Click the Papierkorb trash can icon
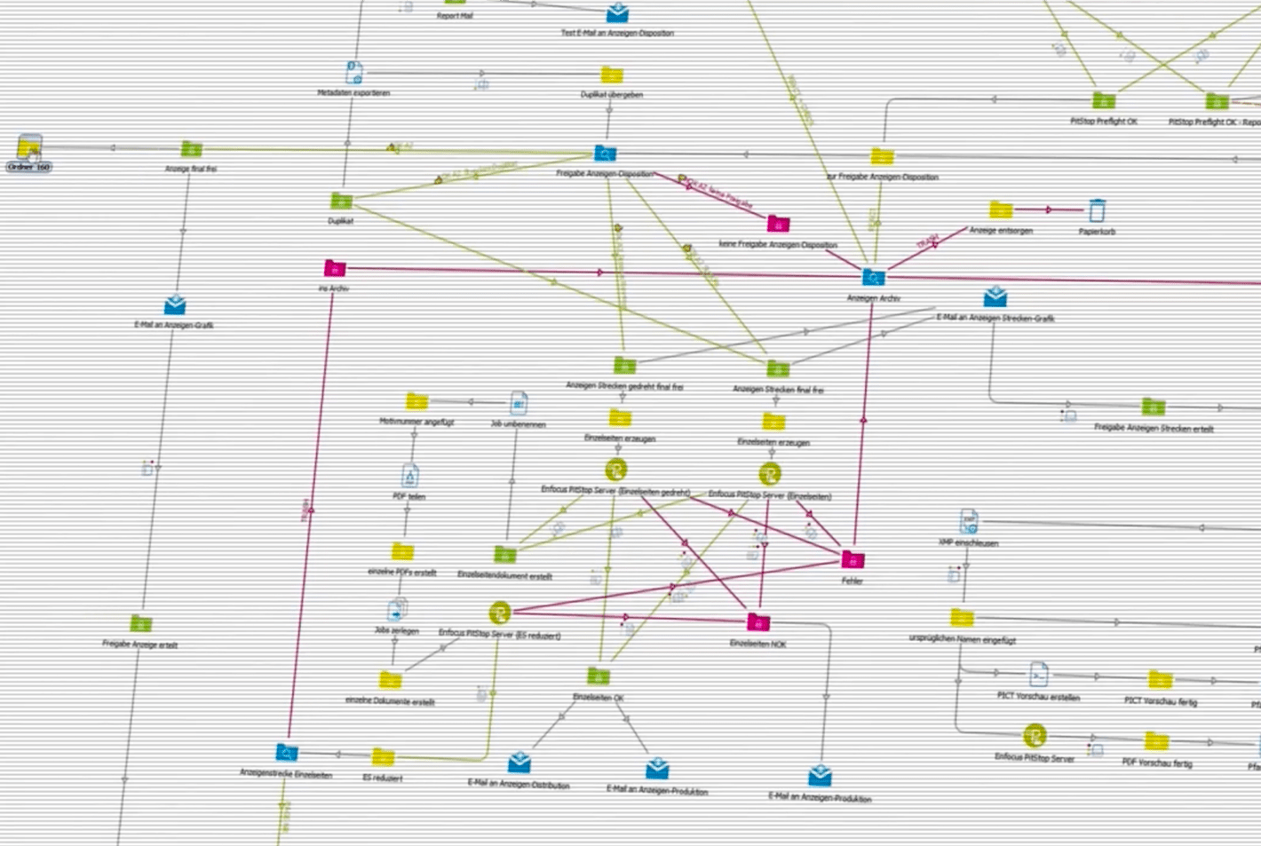coord(1097,211)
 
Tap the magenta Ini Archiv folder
coord(335,268)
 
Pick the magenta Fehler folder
coord(853,560)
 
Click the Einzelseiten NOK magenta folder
coord(758,622)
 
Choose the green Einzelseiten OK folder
coord(599,676)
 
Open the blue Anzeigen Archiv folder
coord(874,278)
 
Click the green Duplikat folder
coord(341,202)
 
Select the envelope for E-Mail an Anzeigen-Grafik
coord(175,305)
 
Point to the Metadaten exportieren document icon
coord(353,73)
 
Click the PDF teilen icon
coord(409,476)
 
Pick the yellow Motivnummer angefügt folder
coord(416,402)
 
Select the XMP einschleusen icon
coord(969,522)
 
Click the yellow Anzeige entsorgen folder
coord(1001,210)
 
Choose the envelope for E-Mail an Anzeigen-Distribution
coord(519,763)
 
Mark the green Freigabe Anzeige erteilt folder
coord(140,624)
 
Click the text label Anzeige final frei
coord(191,169)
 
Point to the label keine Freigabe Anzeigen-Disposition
coord(778,244)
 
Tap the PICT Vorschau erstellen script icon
coord(1039,675)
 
